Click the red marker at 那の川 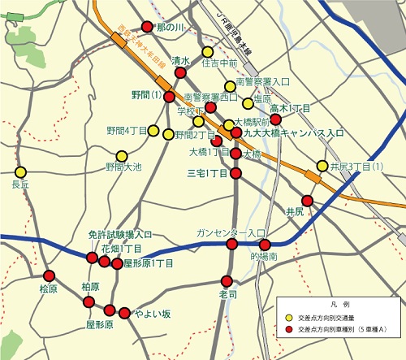(x=147, y=26)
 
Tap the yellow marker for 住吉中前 (x=208, y=51)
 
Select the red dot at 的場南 (x=265, y=245)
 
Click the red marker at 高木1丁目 (x=275, y=119)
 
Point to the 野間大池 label (x=123, y=167)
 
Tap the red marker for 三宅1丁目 (x=236, y=173)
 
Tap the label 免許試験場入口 (x=120, y=234)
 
